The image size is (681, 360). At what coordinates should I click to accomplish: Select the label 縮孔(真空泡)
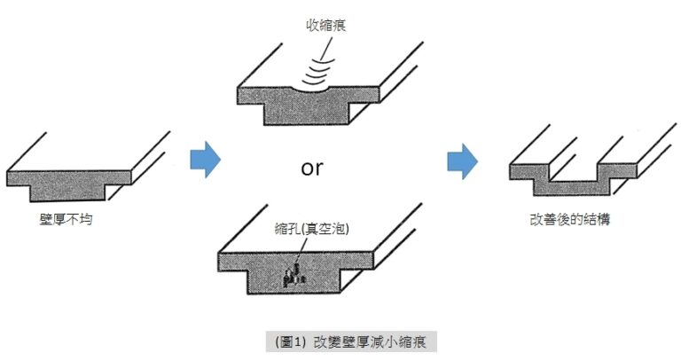point(312,228)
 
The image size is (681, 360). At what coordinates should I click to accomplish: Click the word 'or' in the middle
point(312,168)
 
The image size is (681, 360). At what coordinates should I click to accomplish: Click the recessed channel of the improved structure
point(573,180)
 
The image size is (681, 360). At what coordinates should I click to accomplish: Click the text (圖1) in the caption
point(291,340)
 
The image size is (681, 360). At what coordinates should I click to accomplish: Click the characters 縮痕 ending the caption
point(411,340)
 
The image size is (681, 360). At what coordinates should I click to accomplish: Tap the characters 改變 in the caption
point(324,340)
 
